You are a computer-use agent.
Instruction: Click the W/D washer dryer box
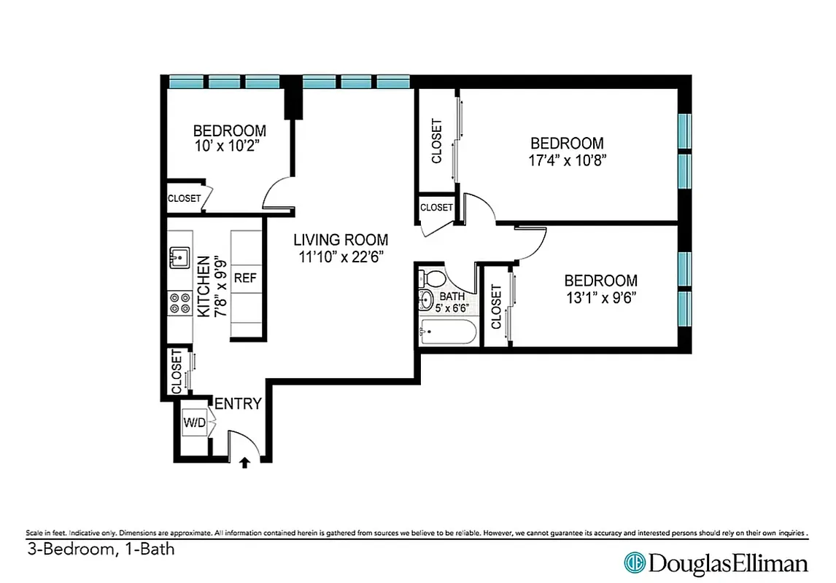(x=193, y=422)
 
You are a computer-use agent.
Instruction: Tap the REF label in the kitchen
(x=244, y=278)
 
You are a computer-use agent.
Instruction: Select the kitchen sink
(x=179, y=257)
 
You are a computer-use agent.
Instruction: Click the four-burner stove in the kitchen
(x=179, y=302)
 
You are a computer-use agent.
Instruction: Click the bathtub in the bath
(x=448, y=334)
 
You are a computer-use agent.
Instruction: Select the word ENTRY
(x=237, y=403)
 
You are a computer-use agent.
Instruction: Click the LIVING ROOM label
(x=341, y=239)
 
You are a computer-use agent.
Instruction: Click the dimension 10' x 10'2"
(x=228, y=146)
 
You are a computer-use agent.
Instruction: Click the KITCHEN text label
(x=204, y=285)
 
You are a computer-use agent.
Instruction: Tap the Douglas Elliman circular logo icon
(x=633, y=563)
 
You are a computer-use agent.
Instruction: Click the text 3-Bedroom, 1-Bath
(x=101, y=549)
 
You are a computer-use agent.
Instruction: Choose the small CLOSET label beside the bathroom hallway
(x=436, y=208)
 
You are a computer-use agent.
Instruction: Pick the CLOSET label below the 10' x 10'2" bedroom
(x=184, y=198)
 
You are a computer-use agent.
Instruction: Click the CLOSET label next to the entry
(x=177, y=372)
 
